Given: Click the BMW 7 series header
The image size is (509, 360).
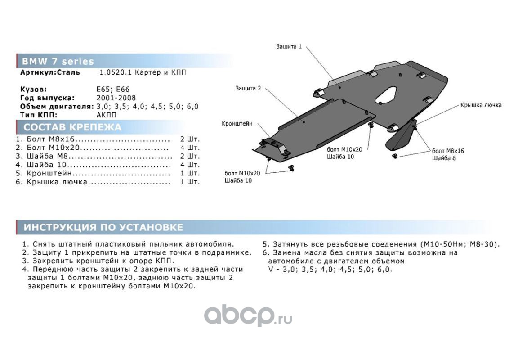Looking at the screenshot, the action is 58,62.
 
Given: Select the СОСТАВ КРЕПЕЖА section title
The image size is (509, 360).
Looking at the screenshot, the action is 72,127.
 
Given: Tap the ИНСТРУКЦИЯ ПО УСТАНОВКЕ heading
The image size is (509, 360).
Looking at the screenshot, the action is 103,227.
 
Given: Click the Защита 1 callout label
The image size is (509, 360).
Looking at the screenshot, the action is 289,46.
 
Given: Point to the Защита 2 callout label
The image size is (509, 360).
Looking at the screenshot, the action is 248,88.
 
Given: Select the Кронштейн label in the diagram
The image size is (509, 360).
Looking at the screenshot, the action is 237,123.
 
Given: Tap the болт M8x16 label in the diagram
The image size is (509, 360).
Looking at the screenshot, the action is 448,151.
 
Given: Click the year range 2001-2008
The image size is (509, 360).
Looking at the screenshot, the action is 116,98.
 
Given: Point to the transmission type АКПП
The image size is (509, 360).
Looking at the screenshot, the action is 106,115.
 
